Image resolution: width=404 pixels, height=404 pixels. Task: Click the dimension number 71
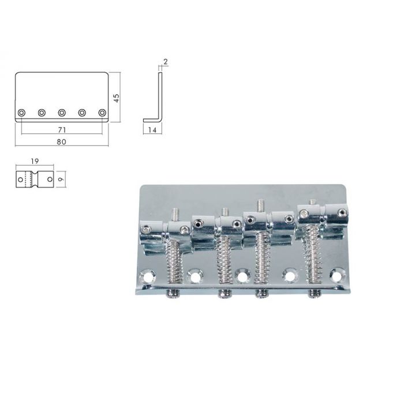62,130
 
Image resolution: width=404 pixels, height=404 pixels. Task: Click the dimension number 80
62,142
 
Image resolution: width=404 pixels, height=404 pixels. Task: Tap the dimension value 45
117,98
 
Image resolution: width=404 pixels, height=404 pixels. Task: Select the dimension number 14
152,130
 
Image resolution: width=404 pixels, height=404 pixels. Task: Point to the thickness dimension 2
166,62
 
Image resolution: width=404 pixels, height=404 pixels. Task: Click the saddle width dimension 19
35,161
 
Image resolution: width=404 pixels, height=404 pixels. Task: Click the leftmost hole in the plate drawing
22,113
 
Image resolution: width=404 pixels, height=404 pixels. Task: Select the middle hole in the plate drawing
62,113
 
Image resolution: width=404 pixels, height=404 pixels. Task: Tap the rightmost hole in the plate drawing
102,113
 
